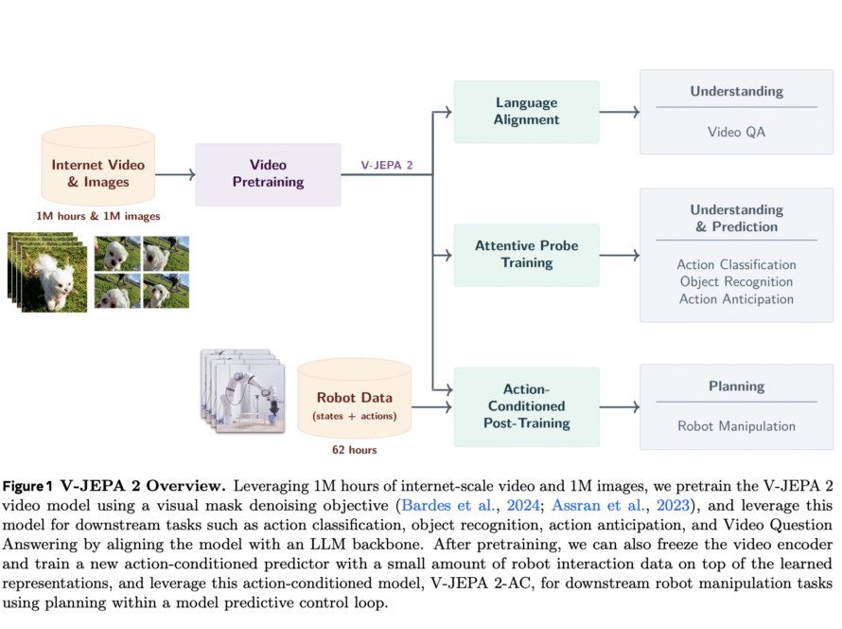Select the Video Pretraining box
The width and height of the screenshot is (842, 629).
(x=268, y=173)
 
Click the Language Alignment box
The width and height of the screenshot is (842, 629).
(x=526, y=112)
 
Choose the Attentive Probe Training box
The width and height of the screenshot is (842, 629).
(x=526, y=254)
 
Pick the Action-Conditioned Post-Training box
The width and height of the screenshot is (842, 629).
(x=526, y=406)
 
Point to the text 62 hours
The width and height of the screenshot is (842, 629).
(x=355, y=450)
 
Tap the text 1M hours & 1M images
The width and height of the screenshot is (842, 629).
(x=97, y=216)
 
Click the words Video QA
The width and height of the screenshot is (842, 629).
(x=736, y=132)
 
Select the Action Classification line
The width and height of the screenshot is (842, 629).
(x=736, y=265)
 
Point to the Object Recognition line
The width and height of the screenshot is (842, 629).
(x=736, y=282)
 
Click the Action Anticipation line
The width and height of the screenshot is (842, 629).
(x=736, y=299)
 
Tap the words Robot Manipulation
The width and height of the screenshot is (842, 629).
(x=736, y=426)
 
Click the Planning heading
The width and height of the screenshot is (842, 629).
(x=736, y=386)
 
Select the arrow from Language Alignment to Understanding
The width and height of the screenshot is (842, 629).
(x=620, y=112)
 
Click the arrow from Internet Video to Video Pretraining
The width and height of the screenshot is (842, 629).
(x=175, y=173)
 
